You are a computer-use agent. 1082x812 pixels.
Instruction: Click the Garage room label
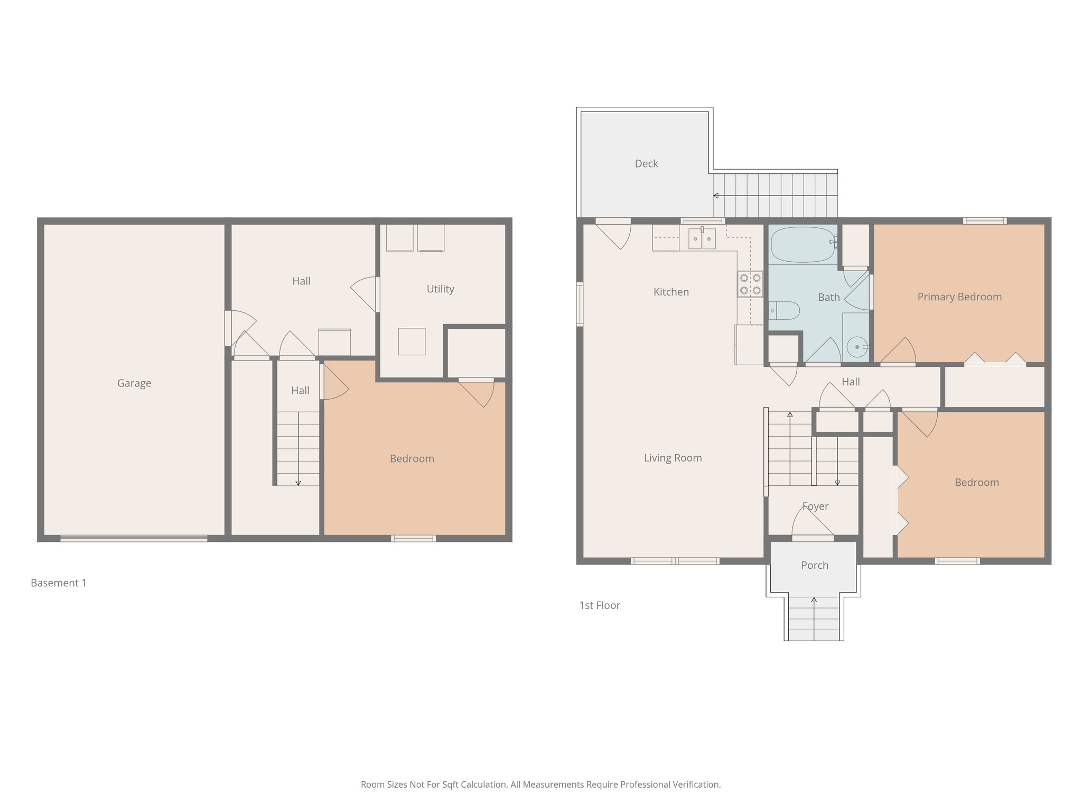point(134,383)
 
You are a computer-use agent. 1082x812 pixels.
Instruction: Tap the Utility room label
point(440,289)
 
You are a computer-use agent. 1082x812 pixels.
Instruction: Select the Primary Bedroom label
point(959,297)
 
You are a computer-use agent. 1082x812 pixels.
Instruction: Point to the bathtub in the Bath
point(802,244)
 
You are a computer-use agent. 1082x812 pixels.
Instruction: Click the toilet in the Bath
point(785,310)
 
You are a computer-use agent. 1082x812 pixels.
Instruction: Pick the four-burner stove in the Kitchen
point(750,284)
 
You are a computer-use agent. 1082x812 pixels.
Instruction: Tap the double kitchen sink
point(702,238)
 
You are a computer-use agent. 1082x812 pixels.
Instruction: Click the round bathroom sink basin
point(856,347)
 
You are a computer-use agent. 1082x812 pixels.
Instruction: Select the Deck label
point(646,164)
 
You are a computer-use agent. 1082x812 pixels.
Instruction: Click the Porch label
point(814,565)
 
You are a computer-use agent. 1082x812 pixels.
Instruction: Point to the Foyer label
point(815,506)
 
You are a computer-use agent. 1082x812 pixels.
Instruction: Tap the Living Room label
point(673,458)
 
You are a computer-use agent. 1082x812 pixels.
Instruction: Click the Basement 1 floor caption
point(59,583)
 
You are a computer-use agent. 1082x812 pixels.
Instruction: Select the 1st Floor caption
point(599,605)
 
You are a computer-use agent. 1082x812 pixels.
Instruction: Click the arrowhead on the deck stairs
point(716,196)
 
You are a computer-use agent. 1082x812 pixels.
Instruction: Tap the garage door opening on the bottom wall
point(134,539)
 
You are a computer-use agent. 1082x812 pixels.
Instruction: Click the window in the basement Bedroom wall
point(413,539)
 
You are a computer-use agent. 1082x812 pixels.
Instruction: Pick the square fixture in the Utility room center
point(412,342)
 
